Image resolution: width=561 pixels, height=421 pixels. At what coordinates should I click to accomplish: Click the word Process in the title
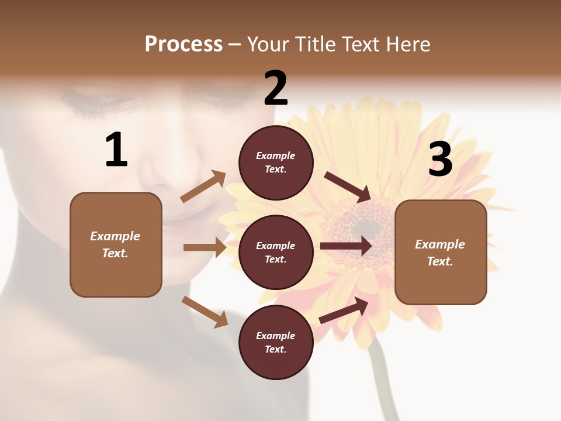[183, 44]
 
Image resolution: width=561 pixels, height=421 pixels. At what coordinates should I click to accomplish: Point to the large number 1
[116, 150]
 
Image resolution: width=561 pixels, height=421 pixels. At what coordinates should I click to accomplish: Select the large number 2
[276, 88]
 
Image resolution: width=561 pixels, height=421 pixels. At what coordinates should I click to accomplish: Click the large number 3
[441, 160]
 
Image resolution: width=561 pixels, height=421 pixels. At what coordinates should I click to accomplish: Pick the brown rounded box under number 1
[116, 244]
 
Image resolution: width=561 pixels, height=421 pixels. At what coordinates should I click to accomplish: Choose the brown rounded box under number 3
[441, 253]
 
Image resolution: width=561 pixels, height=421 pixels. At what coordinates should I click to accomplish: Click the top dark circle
[276, 163]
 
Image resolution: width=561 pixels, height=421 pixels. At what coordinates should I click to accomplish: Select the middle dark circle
[276, 253]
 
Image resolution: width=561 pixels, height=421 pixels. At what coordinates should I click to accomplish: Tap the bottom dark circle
[276, 343]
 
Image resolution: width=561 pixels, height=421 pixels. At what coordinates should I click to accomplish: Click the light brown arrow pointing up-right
[203, 186]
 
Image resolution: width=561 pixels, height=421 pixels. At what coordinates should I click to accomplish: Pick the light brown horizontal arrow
[205, 247]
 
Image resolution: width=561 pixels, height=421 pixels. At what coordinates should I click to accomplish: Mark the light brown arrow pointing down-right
[205, 311]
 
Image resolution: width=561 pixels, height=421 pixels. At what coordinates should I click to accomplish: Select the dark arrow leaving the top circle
[348, 187]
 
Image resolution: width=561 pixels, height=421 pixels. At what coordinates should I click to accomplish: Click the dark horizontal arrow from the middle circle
[346, 246]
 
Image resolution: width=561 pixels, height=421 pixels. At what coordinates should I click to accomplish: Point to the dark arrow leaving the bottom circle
[344, 310]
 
